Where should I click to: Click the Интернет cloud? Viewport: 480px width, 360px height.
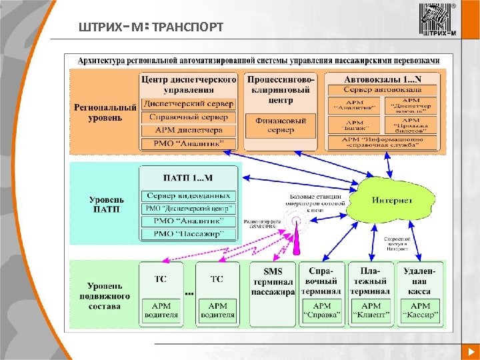click(x=392, y=200)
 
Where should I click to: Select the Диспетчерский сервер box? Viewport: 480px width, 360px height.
click(x=189, y=104)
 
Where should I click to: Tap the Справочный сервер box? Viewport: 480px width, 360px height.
click(x=189, y=117)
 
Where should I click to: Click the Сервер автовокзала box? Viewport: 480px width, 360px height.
click(x=383, y=89)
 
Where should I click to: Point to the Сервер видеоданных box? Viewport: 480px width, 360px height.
click(x=189, y=195)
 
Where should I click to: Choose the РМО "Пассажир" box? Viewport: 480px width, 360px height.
click(x=189, y=233)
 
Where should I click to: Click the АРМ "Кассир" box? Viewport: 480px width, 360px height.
click(x=420, y=311)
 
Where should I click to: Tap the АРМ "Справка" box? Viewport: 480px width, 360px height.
click(x=321, y=311)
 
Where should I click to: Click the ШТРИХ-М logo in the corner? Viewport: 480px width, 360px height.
click(x=437, y=21)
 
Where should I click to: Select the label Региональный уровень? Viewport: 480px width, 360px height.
click(x=97, y=112)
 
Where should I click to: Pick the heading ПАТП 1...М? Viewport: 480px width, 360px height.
click(x=189, y=178)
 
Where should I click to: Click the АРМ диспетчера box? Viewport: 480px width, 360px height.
click(x=189, y=130)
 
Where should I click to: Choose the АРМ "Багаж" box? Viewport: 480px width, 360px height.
click(x=355, y=123)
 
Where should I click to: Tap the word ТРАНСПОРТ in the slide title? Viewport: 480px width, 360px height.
click(x=188, y=27)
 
